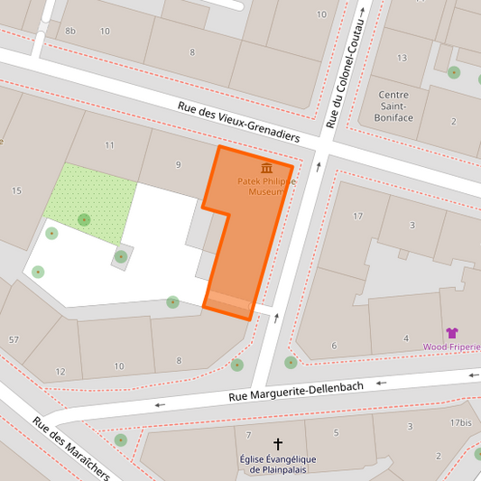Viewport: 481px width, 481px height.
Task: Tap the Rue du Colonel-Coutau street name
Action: point(347,66)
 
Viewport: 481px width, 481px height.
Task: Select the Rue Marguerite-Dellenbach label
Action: point(296,391)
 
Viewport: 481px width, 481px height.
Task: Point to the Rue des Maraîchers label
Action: point(71,448)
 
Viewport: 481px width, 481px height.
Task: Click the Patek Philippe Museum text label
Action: point(267,186)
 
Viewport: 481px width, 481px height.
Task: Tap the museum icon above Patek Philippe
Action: point(266,168)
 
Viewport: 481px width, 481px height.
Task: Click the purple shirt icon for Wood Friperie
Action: point(452,333)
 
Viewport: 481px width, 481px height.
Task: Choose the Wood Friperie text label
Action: point(452,347)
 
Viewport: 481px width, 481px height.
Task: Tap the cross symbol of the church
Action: point(278,444)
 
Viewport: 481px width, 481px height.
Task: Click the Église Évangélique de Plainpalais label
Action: point(278,463)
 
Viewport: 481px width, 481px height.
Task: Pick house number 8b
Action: point(70,32)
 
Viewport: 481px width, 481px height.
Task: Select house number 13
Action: point(402,58)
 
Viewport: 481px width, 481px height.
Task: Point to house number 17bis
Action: point(460,422)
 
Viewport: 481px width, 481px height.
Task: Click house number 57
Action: point(14,339)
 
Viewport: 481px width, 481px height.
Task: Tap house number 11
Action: point(109,145)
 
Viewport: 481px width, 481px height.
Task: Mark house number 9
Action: point(178,164)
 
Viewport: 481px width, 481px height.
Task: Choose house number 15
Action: point(16,190)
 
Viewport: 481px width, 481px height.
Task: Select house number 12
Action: point(60,372)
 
